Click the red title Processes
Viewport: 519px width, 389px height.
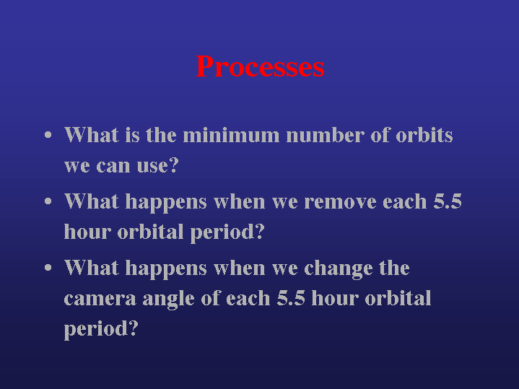click(260, 66)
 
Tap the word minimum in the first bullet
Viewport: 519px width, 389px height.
click(231, 135)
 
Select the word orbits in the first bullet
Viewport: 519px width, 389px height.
click(424, 135)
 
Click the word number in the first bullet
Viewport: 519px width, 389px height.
click(325, 135)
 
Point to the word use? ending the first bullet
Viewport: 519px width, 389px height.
click(158, 165)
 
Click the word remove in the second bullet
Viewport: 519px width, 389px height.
click(340, 201)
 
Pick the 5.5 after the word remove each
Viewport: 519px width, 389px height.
click(448, 201)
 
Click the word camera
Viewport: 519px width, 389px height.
click(100, 299)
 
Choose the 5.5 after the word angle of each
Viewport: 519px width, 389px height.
click(291, 298)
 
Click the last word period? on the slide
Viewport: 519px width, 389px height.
click(101, 330)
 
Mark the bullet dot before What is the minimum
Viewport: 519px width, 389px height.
click(48, 135)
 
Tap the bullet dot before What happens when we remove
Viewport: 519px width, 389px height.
click(48, 201)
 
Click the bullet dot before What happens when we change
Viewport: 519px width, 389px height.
click(48, 268)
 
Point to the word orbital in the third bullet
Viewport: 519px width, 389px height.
click(398, 298)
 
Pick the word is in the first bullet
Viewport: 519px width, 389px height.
click(132, 135)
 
